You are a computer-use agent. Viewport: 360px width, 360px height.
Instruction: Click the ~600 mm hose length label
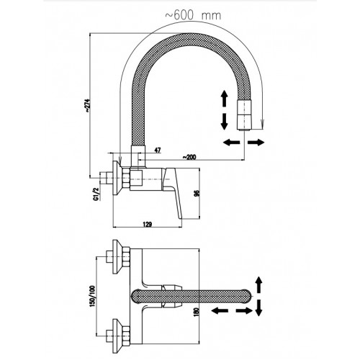[x=193, y=16]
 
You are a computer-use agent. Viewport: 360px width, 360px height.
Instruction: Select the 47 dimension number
[x=158, y=150]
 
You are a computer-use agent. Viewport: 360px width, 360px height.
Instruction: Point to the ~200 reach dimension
[x=189, y=157]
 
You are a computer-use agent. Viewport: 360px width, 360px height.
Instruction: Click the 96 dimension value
[x=197, y=194]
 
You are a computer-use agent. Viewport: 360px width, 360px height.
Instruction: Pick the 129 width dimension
[x=148, y=225]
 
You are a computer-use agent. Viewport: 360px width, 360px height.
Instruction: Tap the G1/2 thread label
[x=96, y=194]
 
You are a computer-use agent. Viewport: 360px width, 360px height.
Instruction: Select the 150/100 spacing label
[x=93, y=296]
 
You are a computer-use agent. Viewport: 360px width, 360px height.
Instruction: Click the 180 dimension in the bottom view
[x=197, y=312]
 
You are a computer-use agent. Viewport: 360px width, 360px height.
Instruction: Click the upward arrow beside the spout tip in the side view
[x=224, y=99]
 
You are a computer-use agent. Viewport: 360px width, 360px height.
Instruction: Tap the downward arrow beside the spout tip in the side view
[x=224, y=122]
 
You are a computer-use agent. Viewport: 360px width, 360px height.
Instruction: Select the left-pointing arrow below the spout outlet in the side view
[x=231, y=143]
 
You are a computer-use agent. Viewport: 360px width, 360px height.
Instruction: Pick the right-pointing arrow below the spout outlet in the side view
[x=256, y=143]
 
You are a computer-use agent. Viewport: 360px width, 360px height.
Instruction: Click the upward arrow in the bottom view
[x=258, y=284]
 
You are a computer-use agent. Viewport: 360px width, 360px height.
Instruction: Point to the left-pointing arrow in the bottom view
[x=220, y=311]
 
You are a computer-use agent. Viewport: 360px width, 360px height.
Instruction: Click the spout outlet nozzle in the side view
[x=245, y=115]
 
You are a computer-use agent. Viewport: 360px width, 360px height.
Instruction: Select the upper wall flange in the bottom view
[x=118, y=256]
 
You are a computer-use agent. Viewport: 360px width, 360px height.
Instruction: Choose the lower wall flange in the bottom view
[x=118, y=336]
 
